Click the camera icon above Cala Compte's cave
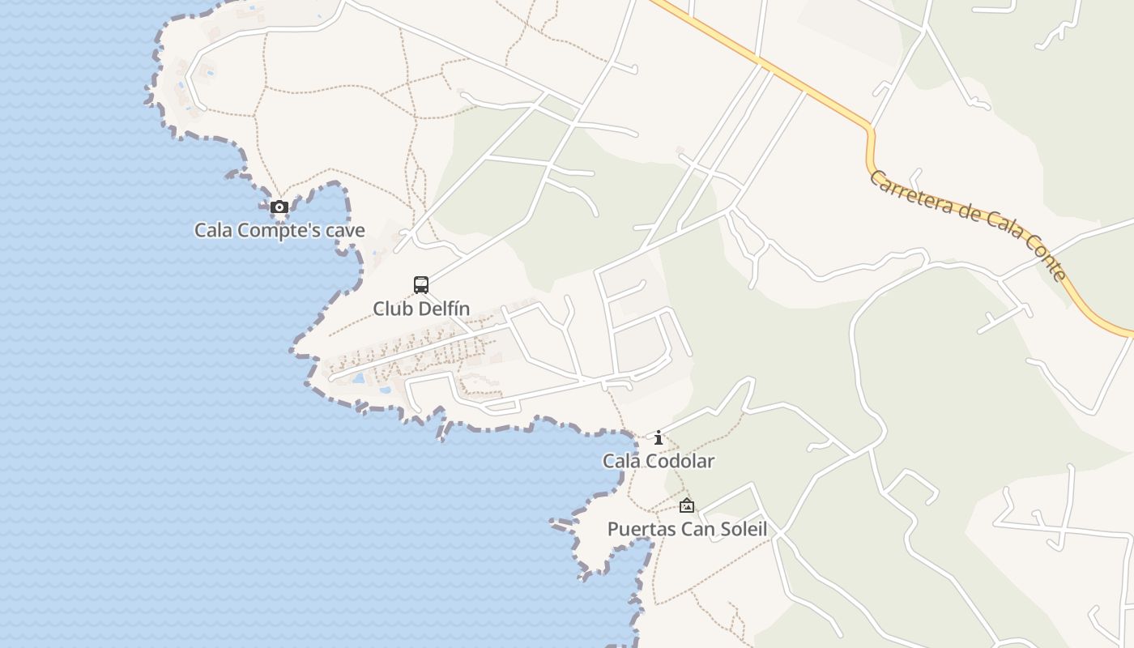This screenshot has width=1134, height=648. [x=279, y=207]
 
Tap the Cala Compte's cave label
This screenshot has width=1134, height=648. [x=279, y=231]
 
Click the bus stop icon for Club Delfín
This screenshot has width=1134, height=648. [x=421, y=284]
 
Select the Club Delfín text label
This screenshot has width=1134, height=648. [x=421, y=309]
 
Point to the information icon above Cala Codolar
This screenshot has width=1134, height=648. [x=659, y=438]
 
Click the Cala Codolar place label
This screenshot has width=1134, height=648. [x=659, y=462]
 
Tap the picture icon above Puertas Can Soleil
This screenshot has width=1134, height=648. [x=687, y=506]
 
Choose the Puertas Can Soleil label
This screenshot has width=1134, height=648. [x=687, y=530]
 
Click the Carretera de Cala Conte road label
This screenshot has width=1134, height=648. [x=968, y=224]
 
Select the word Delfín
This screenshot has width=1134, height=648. [x=443, y=309]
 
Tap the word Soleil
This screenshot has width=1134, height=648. [x=741, y=530]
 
